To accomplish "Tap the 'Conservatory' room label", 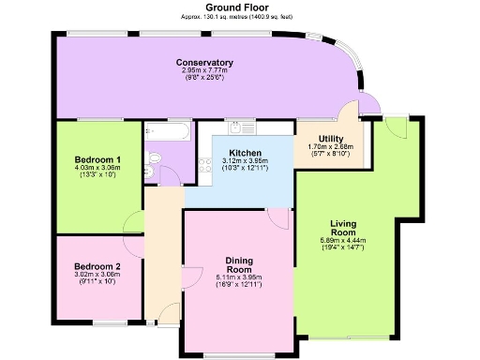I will click(x=204, y=63).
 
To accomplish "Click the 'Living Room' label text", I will click(x=343, y=228).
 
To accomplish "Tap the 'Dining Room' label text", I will click(x=241, y=264).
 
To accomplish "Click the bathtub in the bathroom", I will click(x=168, y=131).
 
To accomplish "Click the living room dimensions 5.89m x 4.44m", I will click(x=343, y=240).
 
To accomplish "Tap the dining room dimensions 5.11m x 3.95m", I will click(x=241, y=277).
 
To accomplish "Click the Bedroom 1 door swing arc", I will click(x=132, y=225).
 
